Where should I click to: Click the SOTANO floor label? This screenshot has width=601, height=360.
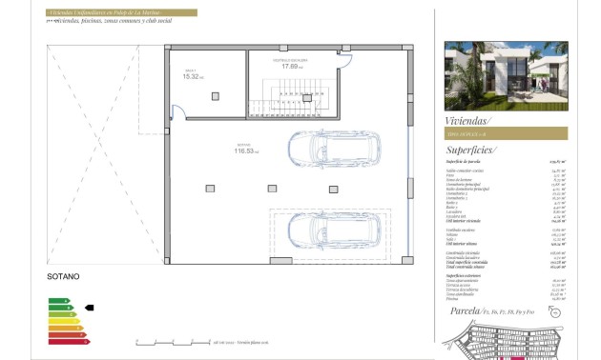pyautogui.click(x=62, y=277)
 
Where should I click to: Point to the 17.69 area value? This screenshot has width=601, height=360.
pyautogui.click(x=291, y=67)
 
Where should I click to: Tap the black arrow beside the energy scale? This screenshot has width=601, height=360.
pyautogui.click(x=90, y=308)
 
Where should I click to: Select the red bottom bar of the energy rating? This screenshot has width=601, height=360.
pyautogui.click(x=68, y=339)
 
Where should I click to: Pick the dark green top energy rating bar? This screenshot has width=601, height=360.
pyautogui.click(x=58, y=301)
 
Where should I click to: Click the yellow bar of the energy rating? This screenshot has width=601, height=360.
pyautogui.click(x=63, y=320)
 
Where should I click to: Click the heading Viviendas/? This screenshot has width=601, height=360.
pyautogui.click(x=467, y=121)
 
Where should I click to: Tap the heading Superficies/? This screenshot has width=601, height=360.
pyautogui.click(x=471, y=150)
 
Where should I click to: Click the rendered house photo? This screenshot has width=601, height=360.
pyautogui.click(x=506, y=75)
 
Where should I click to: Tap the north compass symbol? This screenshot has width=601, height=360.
pyautogui.click(x=556, y=311)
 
